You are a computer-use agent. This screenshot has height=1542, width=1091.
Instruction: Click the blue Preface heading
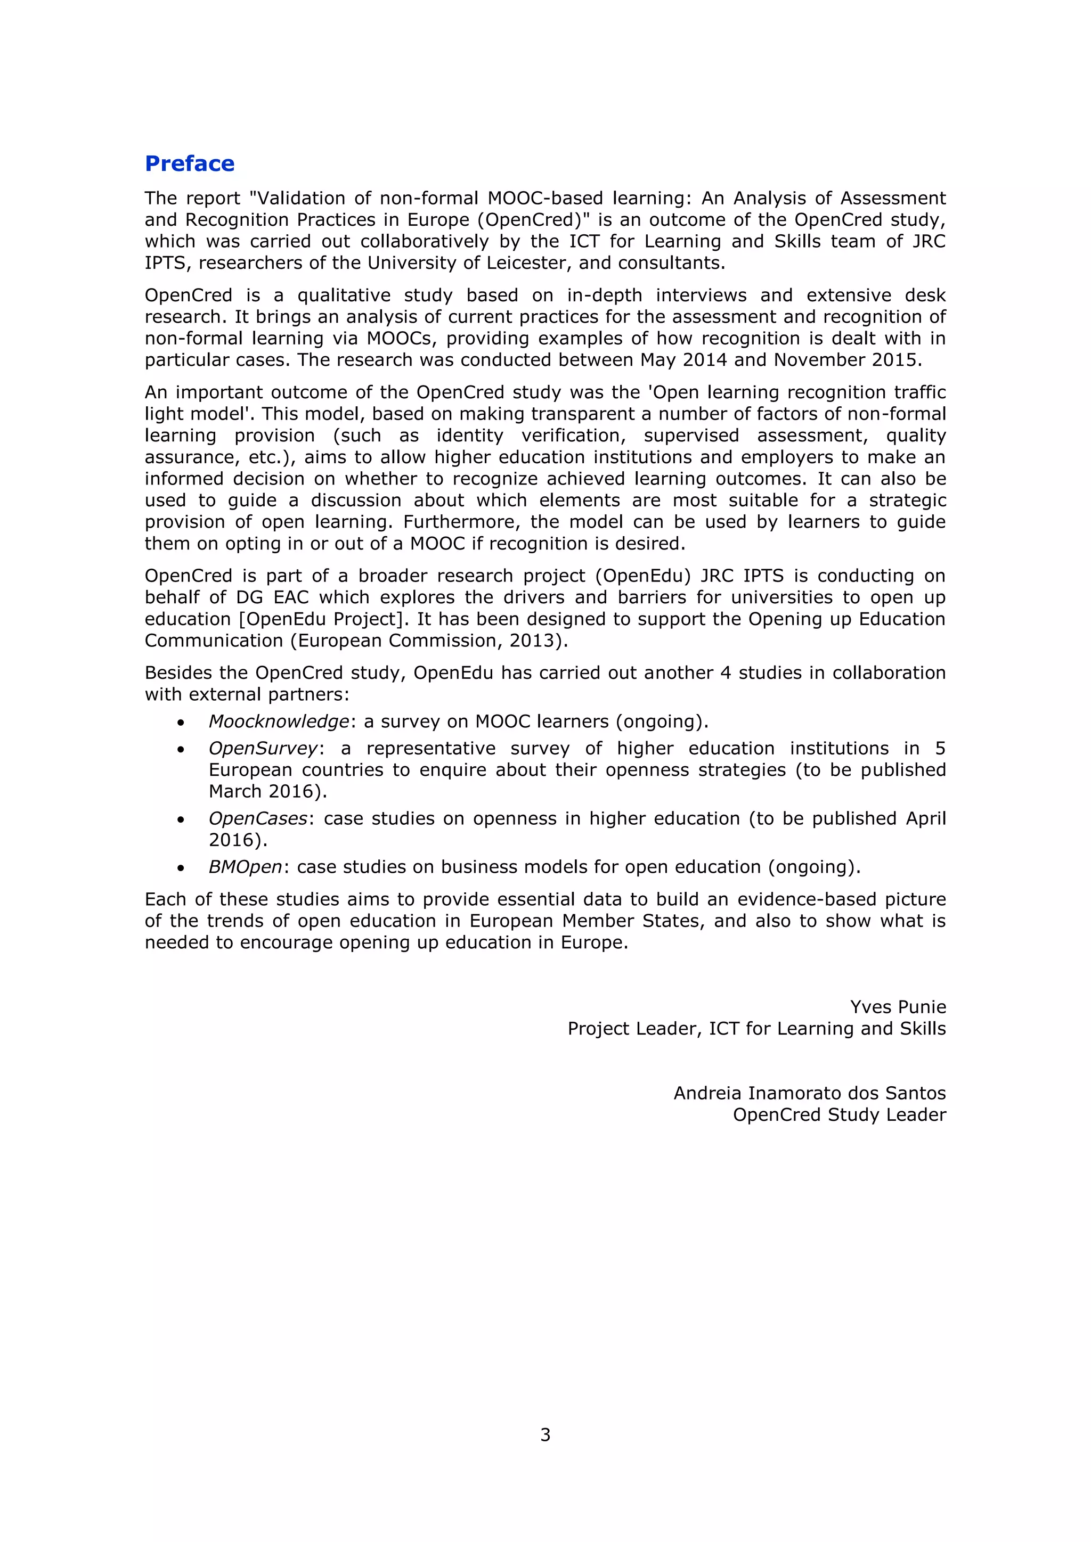tap(190, 164)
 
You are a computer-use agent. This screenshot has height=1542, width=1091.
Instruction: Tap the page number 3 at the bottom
tap(545, 1434)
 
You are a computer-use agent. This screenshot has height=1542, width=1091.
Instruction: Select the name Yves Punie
tap(898, 1007)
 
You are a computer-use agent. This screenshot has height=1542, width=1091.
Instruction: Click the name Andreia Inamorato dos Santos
tap(810, 1093)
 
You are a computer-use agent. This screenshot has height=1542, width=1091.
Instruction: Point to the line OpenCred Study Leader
tap(839, 1115)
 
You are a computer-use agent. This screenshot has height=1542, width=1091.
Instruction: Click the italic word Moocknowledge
tap(279, 721)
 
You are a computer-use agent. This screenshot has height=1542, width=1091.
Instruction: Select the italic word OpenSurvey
tap(263, 748)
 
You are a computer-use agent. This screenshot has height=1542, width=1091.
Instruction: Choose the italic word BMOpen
tap(245, 867)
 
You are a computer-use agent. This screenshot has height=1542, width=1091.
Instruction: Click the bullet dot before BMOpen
tap(180, 868)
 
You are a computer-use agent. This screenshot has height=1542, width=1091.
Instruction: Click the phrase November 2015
tap(848, 360)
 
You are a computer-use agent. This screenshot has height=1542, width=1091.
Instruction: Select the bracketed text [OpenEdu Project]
tap(324, 619)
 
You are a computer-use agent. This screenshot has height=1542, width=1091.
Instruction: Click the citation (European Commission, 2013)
tap(429, 641)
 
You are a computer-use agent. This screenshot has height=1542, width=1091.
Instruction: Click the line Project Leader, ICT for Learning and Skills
tap(756, 1029)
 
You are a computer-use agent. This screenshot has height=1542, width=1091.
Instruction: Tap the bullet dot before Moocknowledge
tap(180, 723)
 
